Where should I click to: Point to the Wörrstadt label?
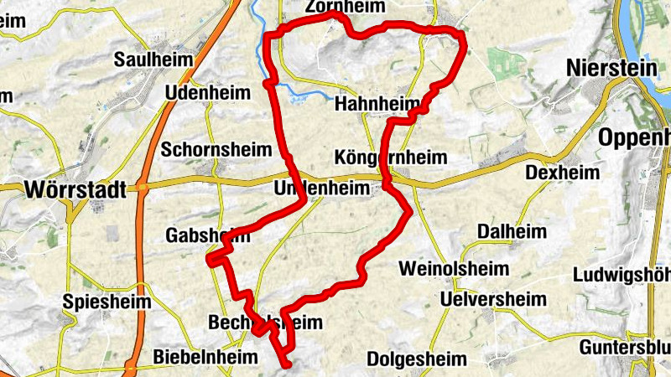(75, 188)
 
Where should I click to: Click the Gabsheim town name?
(208, 235)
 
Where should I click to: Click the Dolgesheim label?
(416, 359)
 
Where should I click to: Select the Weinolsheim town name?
(454, 269)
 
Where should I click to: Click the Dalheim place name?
(512, 231)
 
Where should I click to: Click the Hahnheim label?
(377, 105)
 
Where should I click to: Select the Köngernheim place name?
(390, 158)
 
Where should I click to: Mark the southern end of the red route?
(287, 364)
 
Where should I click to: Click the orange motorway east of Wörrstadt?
(148, 188)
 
